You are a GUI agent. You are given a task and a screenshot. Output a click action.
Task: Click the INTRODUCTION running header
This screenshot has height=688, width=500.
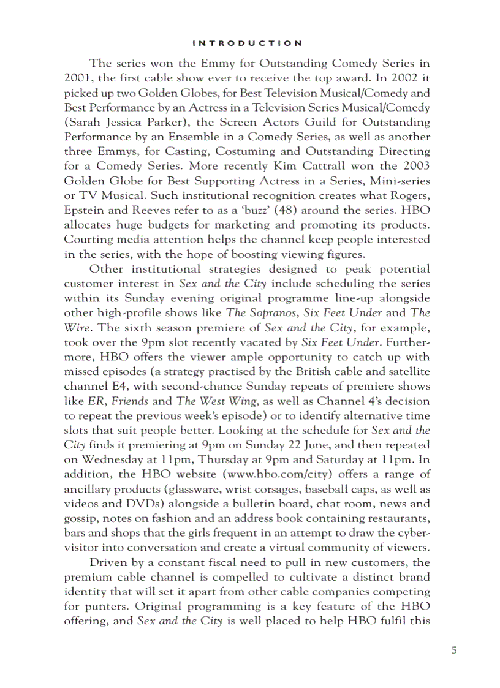[x=247, y=43]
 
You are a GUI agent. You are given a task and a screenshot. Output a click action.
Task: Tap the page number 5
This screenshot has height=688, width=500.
[x=454, y=651]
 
